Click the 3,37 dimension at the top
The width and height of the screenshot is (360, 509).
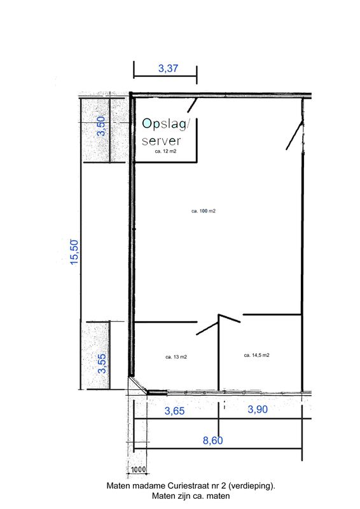[x=168, y=69]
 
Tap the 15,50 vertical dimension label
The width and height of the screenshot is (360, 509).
[x=74, y=252]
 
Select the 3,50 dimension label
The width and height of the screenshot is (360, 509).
[x=102, y=126]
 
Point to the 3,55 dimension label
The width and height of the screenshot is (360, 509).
[x=102, y=363]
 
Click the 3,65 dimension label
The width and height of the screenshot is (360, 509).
[x=175, y=411]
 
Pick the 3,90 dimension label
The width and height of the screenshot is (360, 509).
[x=258, y=409]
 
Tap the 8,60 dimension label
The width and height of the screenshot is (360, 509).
[x=213, y=440]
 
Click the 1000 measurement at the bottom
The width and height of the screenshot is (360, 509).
[x=138, y=470]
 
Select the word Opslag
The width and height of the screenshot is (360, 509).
[x=164, y=124]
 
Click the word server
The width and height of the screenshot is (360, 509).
[x=162, y=141]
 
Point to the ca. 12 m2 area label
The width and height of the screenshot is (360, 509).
[x=165, y=151]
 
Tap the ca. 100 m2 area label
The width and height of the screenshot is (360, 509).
[x=204, y=211]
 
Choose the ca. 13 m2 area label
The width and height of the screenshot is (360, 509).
[x=176, y=357]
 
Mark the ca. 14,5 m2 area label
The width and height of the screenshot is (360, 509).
[x=257, y=355]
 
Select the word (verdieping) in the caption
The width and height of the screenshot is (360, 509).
[x=252, y=486]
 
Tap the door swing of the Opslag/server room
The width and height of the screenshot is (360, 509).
[x=192, y=104]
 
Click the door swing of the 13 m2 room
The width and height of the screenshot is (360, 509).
[x=207, y=328]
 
